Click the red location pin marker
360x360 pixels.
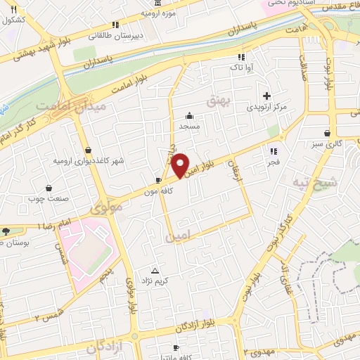(x=180, y=165)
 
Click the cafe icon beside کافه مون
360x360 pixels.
(x=159, y=180)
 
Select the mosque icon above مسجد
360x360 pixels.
(x=189, y=116)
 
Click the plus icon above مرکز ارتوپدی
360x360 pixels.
(x=266, y=96)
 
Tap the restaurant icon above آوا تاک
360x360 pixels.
(x=241, y=57)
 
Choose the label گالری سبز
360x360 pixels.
(x=327, y=144)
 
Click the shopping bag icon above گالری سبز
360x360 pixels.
(x=328, y=133)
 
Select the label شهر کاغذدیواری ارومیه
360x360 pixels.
(x=89, y=161)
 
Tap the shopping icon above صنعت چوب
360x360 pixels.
(x=49, y=188)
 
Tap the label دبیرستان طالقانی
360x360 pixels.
(x=139, y=34)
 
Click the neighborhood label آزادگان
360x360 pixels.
(x=105, y=346)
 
